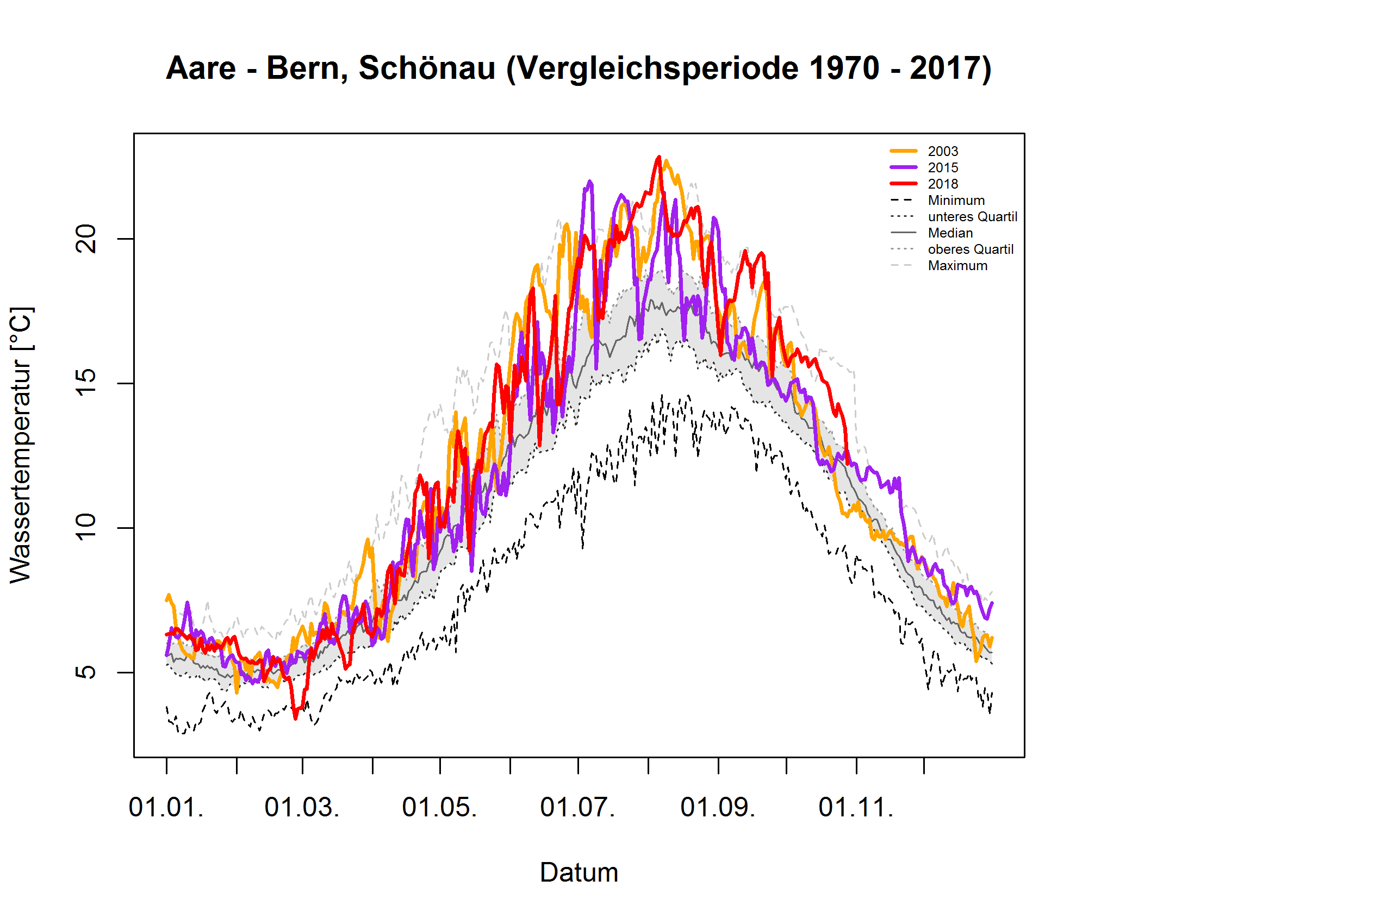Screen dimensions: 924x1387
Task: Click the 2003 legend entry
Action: click(x=942, y=152)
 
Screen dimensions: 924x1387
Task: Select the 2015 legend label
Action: click(x=942, y=168)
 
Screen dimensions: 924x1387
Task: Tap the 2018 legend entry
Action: click(x=942, y=184)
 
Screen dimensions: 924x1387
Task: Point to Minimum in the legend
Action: click(x=955, y=201)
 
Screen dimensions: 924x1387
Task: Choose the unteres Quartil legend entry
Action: click(x=972, y=217)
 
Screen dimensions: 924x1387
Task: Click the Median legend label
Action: click(x=950, y=233)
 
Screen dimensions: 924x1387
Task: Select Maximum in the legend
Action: click(x=957, y=266)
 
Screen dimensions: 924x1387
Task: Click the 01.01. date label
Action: click(x=166, y=807)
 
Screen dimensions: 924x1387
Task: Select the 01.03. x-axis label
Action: click(x=302, y=807)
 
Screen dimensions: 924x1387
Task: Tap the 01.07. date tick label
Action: click(x=577, y=807)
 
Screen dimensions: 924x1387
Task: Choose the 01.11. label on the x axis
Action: click(x=856, y=807)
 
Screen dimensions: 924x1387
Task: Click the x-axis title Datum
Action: click(x=579, y=873)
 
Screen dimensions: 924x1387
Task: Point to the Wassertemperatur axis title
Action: click(x=21, y=445)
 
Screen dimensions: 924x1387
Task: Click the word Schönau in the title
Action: click(x=427, y=68)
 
